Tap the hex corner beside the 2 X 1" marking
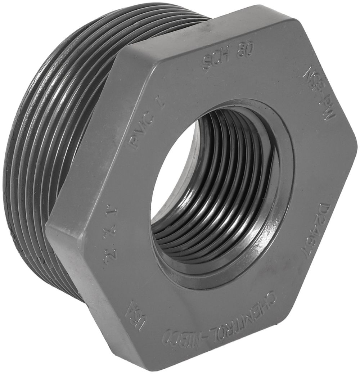coord(50,223)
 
